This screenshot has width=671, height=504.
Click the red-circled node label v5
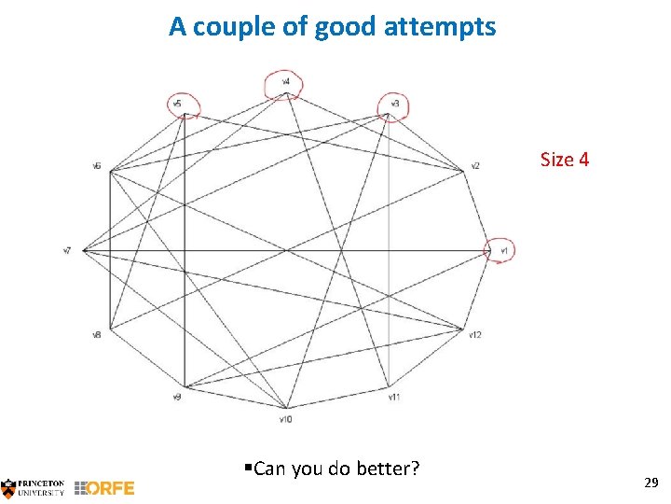coord(177,102)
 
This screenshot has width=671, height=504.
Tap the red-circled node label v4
coord(285,82)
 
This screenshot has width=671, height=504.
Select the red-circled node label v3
coord(394,103)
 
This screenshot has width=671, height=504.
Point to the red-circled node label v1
coord(503,250)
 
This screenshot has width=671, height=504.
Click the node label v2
coord(474,166)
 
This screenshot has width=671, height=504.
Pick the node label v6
coord(96,166)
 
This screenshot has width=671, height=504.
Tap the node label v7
coord(67,250)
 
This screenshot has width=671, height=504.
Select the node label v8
coord(96,334)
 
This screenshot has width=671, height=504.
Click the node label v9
coord(176,398)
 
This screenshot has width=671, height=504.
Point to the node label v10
coord(285,419)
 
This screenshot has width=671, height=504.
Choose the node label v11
coord(394,398)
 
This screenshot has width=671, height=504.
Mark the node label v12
coord(475,334)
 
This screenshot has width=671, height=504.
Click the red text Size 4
coord(565,160)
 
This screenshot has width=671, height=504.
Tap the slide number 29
coord(651,483)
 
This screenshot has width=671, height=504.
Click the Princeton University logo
coord(33,486)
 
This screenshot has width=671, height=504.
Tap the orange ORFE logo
coord(104,487)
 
